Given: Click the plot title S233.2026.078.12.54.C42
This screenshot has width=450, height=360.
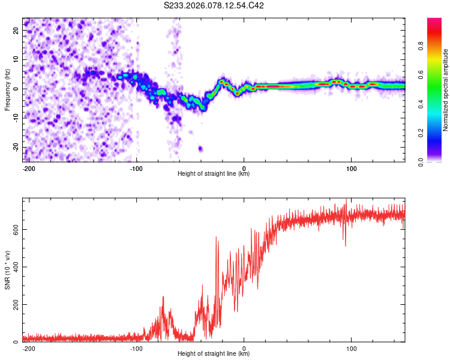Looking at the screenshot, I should [x=215, y=5].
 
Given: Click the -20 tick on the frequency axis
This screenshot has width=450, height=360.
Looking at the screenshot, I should [x=16, y=147].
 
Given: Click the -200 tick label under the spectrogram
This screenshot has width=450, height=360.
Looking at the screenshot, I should [x=28, y=167].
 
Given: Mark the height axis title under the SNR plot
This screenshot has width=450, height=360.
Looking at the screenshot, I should [x=214, y=354].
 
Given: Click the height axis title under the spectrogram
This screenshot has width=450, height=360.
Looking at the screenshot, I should [x=214, y=174].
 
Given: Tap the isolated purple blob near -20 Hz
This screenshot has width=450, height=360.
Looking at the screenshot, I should [x=200, y=148].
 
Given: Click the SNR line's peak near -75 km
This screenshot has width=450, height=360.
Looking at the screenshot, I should [x=163, y=297].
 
